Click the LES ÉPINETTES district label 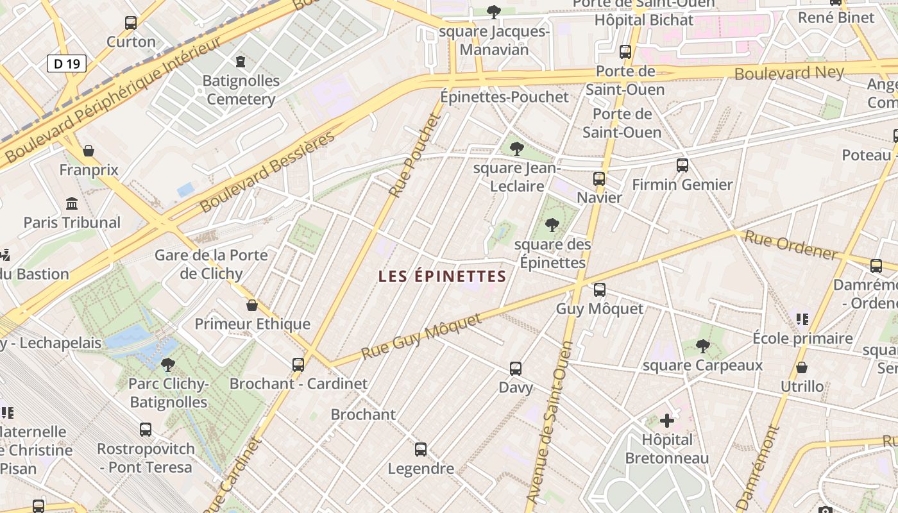click(442, 276)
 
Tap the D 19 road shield click(66, 63)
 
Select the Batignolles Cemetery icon click(241, 62)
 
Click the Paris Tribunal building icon click(72, 204)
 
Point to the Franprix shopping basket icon click(89, 151)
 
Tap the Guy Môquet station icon click(599, 290)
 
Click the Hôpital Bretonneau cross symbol click(667, 421)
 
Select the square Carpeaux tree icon click(702, 346)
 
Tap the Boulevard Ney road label click(788, 72)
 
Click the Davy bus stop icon click(516, 369)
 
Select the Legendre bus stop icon click(421, 450)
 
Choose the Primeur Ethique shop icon click(252, 305)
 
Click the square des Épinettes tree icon click(552, 225)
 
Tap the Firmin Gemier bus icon click(682, 165)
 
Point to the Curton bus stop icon click(131, 23)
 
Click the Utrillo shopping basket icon click(801, 367)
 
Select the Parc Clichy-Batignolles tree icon click(168, 365)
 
